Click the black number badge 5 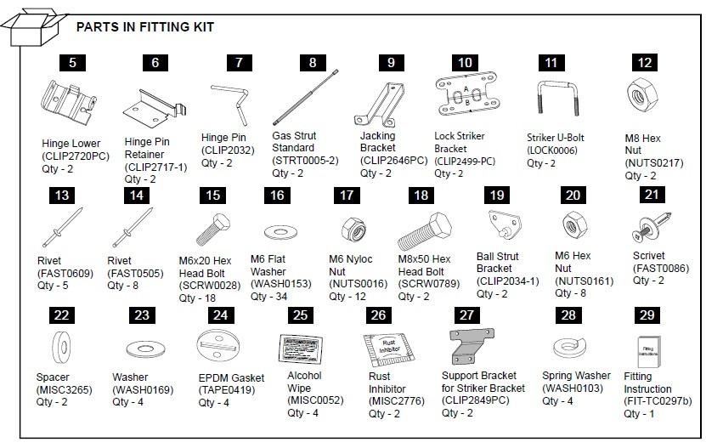coord(72,62)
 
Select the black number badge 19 coord(497,196)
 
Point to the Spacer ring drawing coord(59,347)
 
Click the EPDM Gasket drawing coord(220,349)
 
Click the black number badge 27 coord(466,315)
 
